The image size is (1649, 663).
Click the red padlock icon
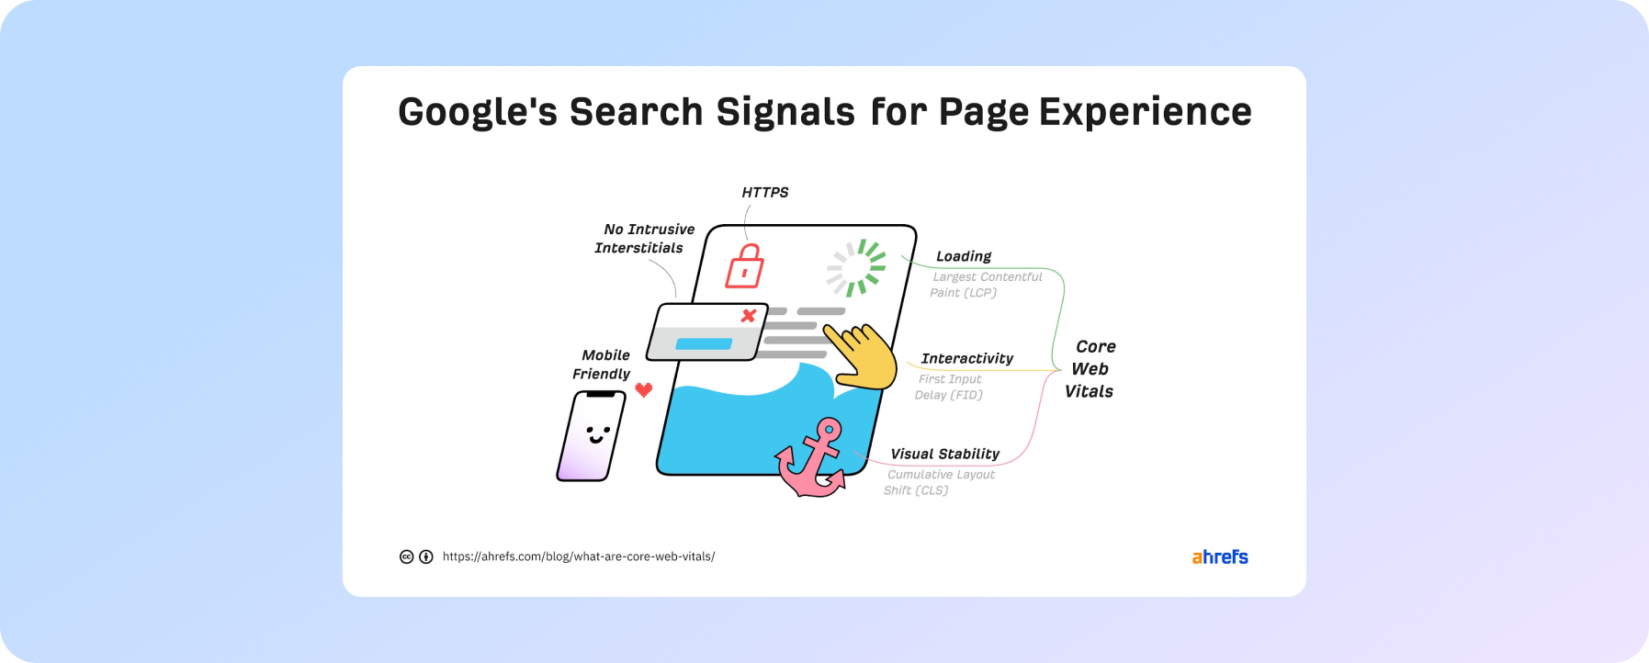pos(745,266)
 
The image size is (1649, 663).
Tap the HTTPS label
pos(765,192)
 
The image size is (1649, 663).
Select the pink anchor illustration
pos(810,459)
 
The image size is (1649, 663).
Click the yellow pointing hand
pos(861,356)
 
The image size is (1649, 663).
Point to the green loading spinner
pos(856,268)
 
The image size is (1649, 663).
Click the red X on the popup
pos(749,316)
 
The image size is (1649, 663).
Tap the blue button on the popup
pos(704,344)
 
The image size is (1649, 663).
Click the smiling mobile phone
pos(592,435)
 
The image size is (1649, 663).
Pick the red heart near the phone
pos(644,389)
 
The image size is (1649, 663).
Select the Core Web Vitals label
pos(1090,369)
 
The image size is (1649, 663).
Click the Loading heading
pos(964,256)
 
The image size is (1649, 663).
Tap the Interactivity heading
pos(967,358)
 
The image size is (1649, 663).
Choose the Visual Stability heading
pos(945,454)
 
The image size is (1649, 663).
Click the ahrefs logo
pos(1220,556)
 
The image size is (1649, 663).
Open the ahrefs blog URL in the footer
pos(579,556)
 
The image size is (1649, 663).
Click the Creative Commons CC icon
pos(406,556)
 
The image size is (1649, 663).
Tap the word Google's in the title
pos(478,112)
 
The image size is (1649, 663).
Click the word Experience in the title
pos(1146,112)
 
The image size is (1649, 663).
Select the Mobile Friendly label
pos(602,365)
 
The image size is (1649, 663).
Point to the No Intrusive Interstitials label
pos(645,239)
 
